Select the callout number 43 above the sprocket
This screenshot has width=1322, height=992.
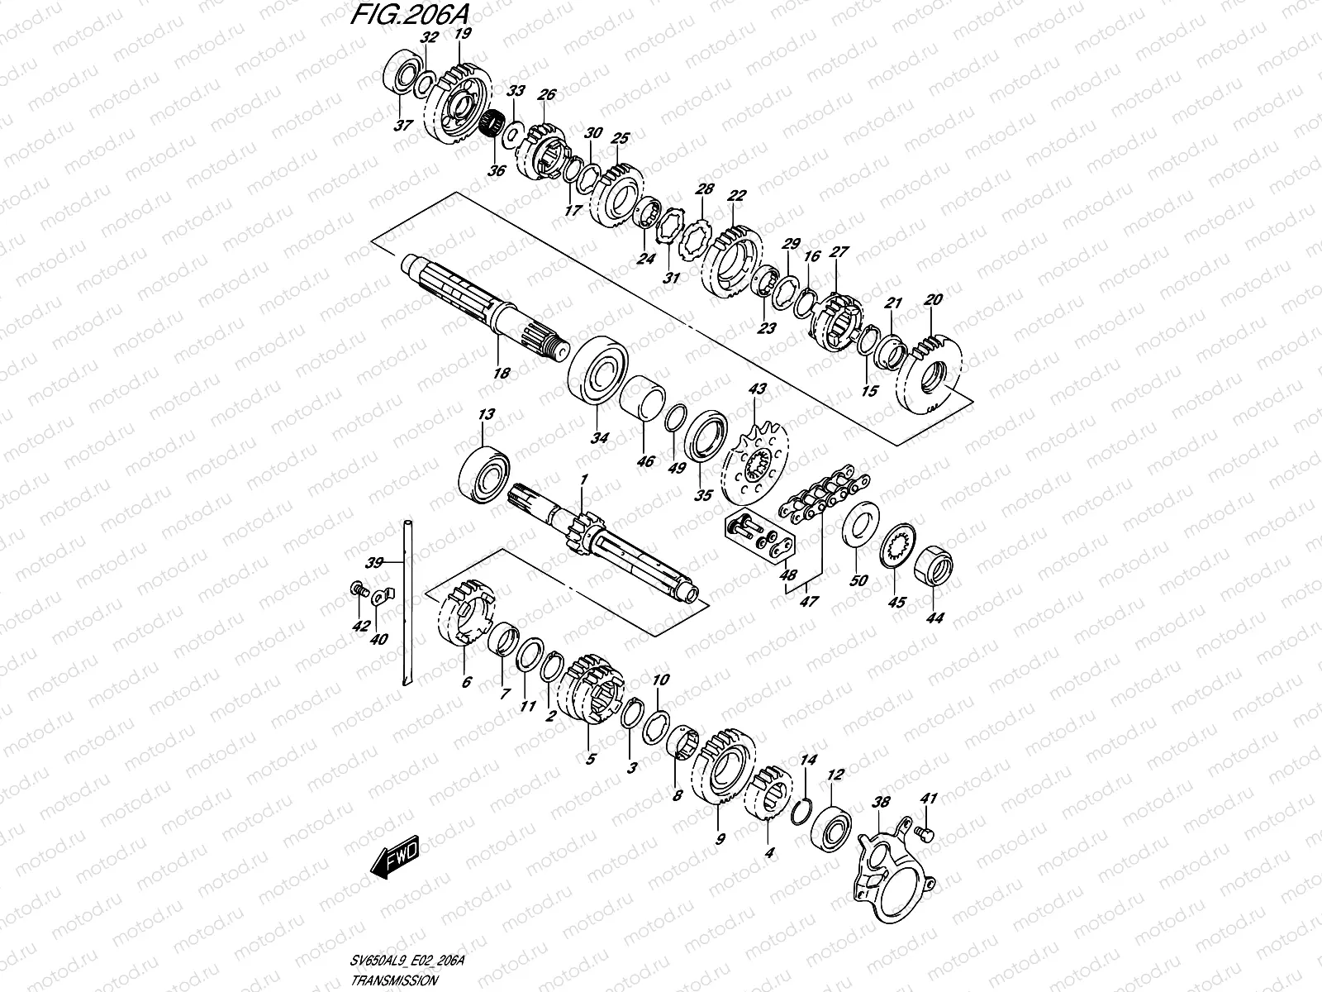click(x=757, y=389)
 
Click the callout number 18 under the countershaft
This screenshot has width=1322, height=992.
click(x=501, y=373)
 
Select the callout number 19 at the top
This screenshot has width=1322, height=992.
click(x=462, y=34)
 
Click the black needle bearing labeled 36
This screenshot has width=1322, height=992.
click(x=494, y=126)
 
